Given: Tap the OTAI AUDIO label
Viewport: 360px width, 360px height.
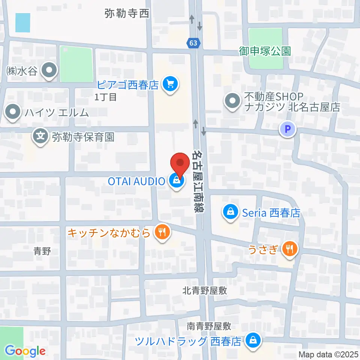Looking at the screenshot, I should point(136,181).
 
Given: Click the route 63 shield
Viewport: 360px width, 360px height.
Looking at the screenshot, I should point(193,43).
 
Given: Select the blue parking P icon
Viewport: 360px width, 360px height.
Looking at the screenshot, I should point(288,130).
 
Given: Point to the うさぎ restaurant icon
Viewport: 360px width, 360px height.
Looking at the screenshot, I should point(289,248).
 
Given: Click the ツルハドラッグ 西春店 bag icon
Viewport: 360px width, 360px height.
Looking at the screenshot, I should point(253,341).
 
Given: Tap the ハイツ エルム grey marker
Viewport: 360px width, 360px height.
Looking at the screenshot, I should point(13,112).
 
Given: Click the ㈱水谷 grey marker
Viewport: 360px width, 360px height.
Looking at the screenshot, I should point(49,70).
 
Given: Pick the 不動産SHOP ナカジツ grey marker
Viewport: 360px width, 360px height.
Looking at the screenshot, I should point(232,101).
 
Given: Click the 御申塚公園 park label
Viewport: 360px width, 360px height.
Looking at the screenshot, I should point(265,51).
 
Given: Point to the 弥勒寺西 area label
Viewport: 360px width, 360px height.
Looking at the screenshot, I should point(127,14).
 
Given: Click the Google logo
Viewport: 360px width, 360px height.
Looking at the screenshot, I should point(25,351).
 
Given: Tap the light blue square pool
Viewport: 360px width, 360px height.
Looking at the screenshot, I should point(22,22).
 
